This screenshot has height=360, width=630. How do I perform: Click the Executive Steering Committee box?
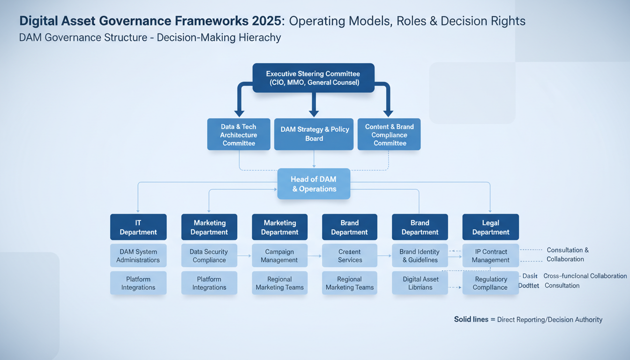point(313,78)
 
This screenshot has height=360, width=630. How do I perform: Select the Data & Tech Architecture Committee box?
point(239,135)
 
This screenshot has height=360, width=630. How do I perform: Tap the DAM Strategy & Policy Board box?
point(314,134)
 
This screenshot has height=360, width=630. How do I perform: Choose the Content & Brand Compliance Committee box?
point(389,135)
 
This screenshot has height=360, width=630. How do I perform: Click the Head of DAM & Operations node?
point(314,184)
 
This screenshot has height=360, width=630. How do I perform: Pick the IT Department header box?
point(138,227)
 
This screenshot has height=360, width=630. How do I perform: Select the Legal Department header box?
point(490,227)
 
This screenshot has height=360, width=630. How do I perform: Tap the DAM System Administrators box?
point(138,255)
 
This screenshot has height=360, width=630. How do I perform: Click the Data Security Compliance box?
point(209,255)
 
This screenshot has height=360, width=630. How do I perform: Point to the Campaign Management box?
point(279,255)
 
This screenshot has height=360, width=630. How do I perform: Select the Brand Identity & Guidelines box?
point(420,255)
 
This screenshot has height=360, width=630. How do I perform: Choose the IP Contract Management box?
point(490,255)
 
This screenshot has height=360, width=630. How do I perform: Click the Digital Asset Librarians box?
point(420,283)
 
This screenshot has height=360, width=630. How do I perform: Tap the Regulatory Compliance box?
point(490,283)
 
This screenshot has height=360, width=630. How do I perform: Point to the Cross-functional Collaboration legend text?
point(585,276)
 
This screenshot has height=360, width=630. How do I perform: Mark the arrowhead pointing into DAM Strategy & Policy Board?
point(314,113)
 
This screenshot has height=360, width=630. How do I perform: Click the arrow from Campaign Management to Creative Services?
point(315,256)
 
